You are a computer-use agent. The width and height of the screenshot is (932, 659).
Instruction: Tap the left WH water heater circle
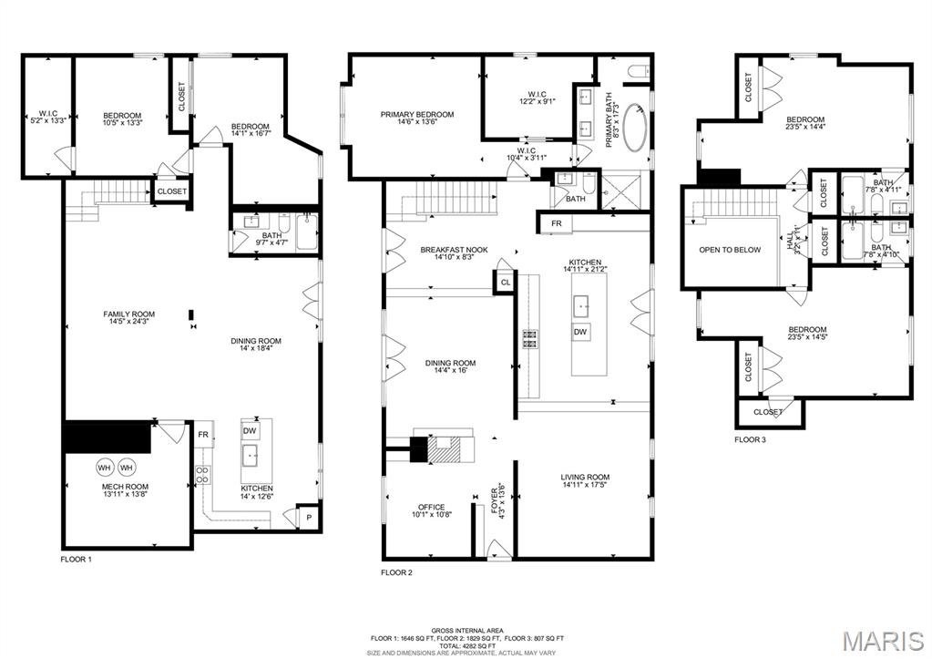105,468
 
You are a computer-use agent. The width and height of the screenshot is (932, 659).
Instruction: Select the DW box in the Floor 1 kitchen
251,430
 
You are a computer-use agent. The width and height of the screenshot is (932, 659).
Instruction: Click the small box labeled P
310,516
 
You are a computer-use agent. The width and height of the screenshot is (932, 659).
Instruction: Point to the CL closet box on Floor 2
506,283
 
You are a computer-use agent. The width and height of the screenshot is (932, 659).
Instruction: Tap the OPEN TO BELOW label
729,250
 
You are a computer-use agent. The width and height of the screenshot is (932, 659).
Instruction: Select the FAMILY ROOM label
128,318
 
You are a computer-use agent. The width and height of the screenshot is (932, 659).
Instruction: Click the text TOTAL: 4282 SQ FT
466,645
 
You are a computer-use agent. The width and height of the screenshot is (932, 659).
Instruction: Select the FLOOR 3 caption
751,440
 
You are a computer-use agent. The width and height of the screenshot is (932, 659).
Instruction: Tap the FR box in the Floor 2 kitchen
556,223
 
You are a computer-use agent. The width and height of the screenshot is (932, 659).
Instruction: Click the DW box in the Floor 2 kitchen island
580,332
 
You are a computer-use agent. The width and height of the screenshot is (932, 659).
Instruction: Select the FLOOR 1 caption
77,559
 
